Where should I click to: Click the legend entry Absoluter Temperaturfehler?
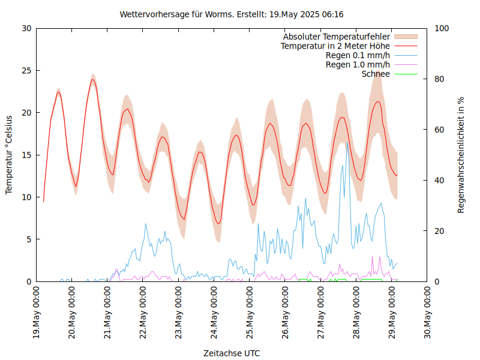[337, 37]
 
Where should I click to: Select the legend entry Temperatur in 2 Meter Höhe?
[335, 46]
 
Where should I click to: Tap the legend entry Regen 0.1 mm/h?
[358, 55]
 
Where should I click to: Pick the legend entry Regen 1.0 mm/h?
[358, 65]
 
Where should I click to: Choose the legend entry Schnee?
[376, 74]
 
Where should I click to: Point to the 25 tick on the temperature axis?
[26, 70]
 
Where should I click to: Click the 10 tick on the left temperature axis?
[26, 197]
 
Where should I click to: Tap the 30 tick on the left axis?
[26, 28]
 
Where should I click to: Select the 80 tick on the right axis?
[439, 79]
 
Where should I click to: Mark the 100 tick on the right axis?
[441, 28]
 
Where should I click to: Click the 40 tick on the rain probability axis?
[439, 181]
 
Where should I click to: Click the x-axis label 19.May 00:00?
[37, 313]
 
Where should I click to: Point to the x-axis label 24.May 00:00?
[214, 313]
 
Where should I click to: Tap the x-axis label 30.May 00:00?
[427, 313]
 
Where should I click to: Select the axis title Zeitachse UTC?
[232, 353]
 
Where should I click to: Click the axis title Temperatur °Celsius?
[9, 155]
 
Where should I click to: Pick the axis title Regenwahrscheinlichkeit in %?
[461, 155]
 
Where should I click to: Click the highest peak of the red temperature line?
[93, 79]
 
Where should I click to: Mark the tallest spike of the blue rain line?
[346, 142]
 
